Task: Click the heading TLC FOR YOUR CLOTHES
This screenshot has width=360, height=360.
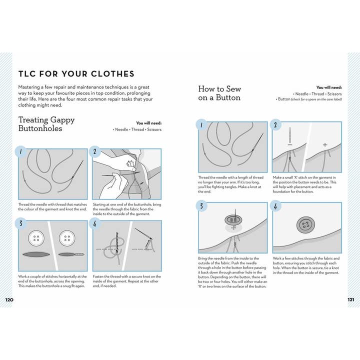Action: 76,74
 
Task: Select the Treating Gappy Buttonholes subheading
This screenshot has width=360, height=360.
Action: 46,124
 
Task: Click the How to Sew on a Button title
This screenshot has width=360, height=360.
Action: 219,93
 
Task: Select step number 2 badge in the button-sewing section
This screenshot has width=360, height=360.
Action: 274,125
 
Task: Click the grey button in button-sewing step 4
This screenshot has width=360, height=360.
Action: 306,225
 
